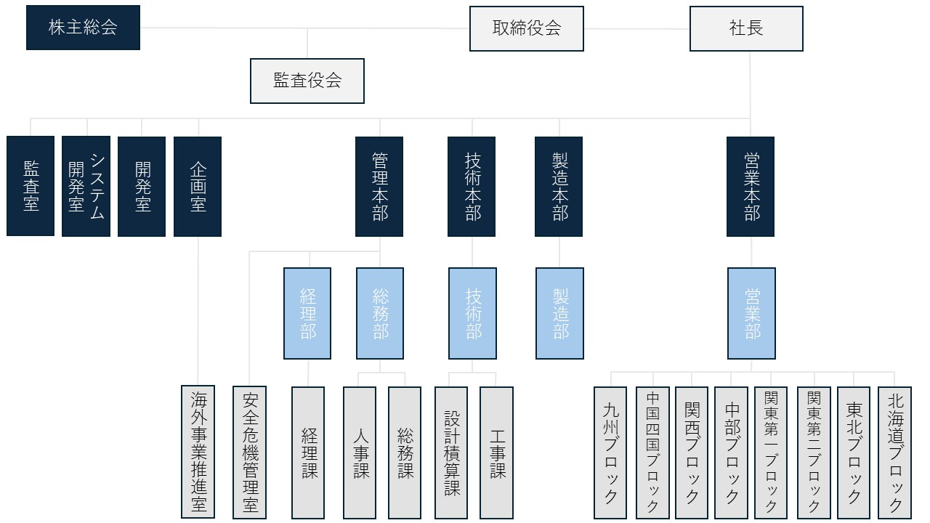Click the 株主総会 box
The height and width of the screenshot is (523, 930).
pyautogui.click(x=83, y=28)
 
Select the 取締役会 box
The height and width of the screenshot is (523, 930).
pyautogui.click(x=526, y=29)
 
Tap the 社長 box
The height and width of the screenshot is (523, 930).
pyautogui.click(x=746, y=29)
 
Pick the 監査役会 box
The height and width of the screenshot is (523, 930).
pyautogui.click(x=307, y=81)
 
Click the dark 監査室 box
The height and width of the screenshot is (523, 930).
pyautogui.click(x=31, y=186)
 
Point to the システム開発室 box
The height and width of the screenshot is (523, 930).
pyautogui.click(x=86, y=186)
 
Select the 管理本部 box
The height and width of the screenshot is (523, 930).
pyautogui.click(x=379, y=186)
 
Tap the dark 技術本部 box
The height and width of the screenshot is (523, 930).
pyautogui.click(x=472, y=186)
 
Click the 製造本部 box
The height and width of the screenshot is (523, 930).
pyautogui.click(x=559, y=186)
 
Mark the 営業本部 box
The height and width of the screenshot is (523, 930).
pyautogui.click(x=751, y=186)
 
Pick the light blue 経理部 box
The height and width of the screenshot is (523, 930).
pyautogui.click(x=307, y=313)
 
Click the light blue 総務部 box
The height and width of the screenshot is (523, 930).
pyautogui.click(x=380, y=313)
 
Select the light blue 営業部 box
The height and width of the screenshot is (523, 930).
pyautogui.click(x=751, y=313)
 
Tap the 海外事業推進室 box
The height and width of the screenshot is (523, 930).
pyautogui.click(x=198, y=452)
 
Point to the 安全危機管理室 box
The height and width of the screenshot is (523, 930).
pyautogui.click(x=249, y=452)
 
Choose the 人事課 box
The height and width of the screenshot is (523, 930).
pyautogui.click(x=360, y=452)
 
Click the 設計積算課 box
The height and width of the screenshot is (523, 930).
pyautogui.click(x=451, y=452)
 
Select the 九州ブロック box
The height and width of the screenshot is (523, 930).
pyautogui.click(x=610, y=452)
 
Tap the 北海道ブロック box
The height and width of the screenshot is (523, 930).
pyautogui.click(x=894, y=452)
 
